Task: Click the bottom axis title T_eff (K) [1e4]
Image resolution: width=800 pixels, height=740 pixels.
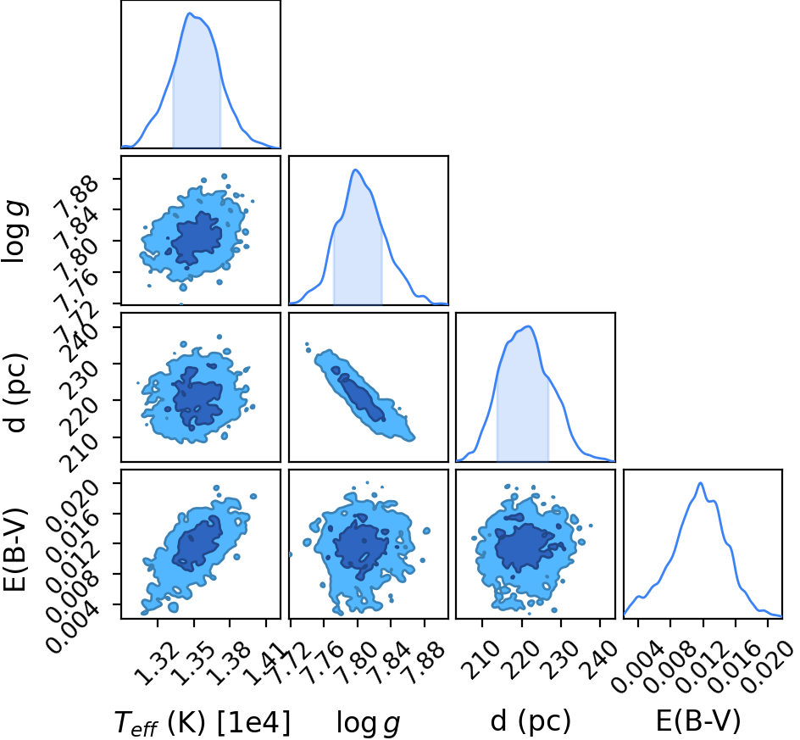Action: click(202, 724)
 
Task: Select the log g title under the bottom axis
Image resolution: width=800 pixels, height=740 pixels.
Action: click(368, 724)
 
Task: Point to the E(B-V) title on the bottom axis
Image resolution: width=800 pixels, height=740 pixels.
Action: click(697, 721)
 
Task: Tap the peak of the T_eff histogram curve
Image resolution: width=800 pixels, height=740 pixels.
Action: click(189, 14)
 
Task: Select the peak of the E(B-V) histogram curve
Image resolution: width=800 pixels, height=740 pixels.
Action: click(701, 483)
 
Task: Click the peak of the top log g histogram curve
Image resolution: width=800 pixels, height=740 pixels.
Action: click(356, 170)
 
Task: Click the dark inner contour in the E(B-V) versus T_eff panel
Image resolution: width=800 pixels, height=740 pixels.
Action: click(197, 542)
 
